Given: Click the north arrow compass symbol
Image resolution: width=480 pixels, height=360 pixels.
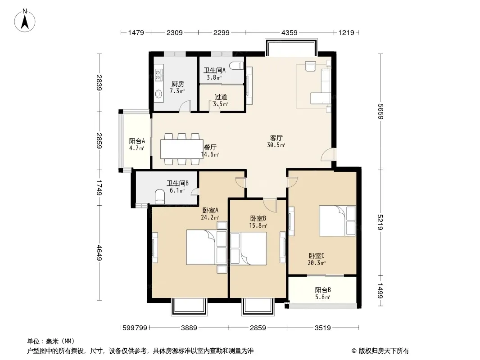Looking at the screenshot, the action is click(x=25, y=21).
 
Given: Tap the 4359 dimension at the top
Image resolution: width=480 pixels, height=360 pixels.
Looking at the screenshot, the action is click(x=289, y=32).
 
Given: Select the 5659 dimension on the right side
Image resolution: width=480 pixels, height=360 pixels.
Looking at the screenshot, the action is click(x=380, y=112).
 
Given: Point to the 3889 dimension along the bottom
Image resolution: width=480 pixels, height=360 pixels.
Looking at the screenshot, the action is click(x=189, y=328).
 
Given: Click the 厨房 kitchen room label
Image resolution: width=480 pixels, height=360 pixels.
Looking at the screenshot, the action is click(x=177, y=84).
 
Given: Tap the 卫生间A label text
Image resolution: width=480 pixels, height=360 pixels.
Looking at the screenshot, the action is click(x=215, y=70).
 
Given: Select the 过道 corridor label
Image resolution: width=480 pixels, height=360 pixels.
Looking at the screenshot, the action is click(x=221, y=97).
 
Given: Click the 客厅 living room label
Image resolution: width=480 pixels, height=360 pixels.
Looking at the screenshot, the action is click(x=276, y=138).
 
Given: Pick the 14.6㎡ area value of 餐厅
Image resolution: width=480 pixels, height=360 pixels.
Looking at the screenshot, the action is click(x=210, y=154).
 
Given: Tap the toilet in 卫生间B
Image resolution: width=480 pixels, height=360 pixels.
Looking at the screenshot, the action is click(x=160, y=196).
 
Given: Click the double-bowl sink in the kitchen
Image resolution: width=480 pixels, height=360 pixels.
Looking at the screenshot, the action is click(x=158, y=75).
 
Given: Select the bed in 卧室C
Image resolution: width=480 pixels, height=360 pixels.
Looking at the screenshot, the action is click(x=337, y=220).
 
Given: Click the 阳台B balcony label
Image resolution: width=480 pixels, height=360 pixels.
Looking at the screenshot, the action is click(x=323, y=290).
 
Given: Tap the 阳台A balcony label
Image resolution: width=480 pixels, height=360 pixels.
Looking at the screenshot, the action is click(x=137, y=141).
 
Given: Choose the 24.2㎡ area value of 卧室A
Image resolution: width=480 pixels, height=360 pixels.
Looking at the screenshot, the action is click(x=210, y=217).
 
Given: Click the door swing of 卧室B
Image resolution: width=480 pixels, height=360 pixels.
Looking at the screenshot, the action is click(x=270, y=205).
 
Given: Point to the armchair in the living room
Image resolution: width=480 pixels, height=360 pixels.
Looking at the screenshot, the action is click(x=310, y=66).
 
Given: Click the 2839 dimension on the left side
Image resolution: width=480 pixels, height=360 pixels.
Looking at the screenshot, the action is click(x=99, y=83).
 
